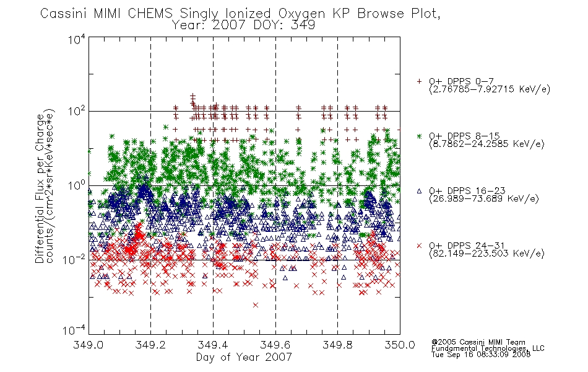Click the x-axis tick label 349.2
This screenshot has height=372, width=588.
coord(150,345)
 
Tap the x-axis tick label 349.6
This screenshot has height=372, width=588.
coord(275,345)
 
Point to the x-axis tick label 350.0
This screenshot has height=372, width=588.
coord(400,345)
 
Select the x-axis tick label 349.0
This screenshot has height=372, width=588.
coord(88,345)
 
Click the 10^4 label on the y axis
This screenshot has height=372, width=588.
coord(77,39)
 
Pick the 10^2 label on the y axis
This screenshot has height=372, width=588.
coord(77,111)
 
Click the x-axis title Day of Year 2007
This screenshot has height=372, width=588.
coord(244,357)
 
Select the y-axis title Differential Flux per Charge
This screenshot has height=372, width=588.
coord(40,188)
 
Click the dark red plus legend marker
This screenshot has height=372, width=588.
coord(419,81)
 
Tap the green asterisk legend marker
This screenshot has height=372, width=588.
coord(419,136)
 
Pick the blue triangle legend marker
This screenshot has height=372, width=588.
coord(419,191)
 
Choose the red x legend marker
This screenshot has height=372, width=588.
coord(419,246)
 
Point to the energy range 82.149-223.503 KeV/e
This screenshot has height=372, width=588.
coord(486,254)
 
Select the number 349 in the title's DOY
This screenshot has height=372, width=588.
coord(304,25)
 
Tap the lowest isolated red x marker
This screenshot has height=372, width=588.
coord(256,305)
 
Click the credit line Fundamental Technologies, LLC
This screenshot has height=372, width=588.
coord(488,348)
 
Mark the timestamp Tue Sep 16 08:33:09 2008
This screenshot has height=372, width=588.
coord(481,355)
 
